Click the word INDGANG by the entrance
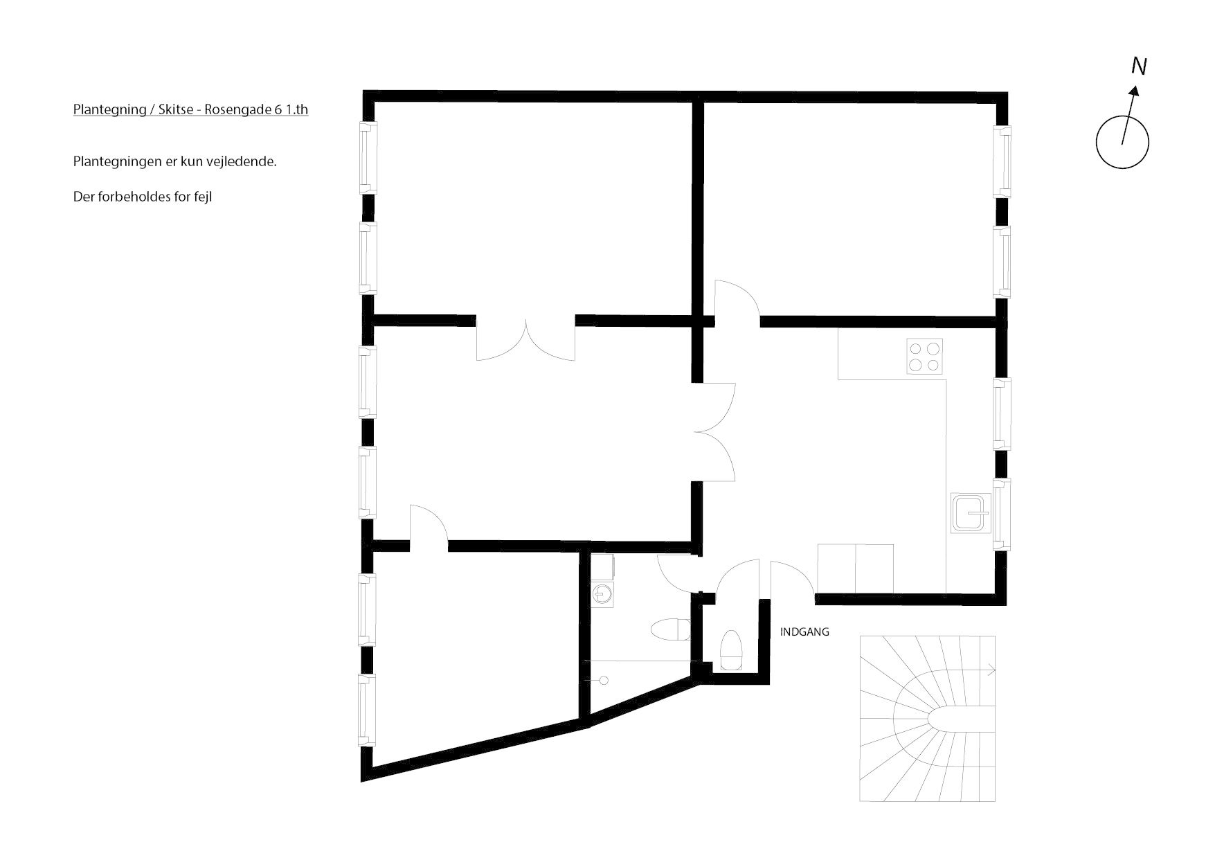804,632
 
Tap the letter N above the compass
1139,66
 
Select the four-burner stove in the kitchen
925,357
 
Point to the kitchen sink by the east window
971,514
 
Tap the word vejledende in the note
248,162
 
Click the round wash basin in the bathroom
603,594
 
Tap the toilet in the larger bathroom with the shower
669,630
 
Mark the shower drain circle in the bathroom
604,681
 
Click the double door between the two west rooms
525,339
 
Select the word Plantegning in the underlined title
108,110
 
